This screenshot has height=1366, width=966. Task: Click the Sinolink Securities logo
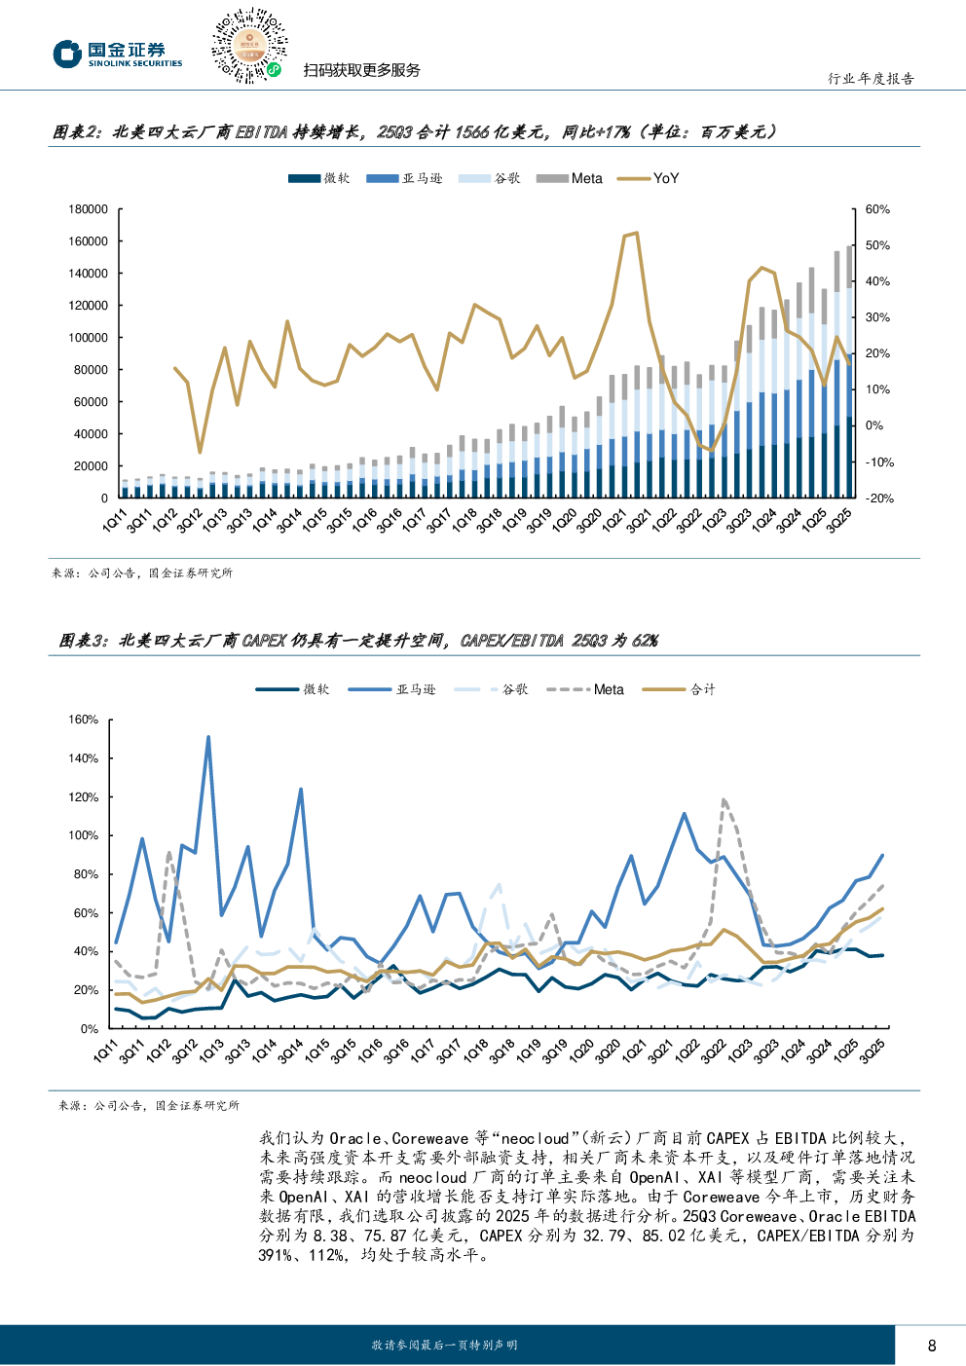117,55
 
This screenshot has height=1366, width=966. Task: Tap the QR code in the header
249,46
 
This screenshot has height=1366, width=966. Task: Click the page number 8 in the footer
932,1346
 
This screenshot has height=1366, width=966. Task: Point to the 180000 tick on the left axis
89,209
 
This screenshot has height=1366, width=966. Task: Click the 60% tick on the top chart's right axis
877,209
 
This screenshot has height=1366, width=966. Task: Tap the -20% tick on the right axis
879,498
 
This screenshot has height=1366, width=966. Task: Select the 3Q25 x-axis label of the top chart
838,521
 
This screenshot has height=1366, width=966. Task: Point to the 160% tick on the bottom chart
84,720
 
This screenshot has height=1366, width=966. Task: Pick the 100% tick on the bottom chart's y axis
84,835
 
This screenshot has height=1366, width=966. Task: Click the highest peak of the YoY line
636,233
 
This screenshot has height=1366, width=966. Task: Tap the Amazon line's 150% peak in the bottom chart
208,737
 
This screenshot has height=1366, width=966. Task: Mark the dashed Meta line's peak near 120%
724,800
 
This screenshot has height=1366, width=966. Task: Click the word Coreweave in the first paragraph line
430,1138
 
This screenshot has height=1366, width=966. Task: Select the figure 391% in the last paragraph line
276,1255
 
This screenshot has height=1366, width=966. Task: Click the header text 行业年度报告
871,79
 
